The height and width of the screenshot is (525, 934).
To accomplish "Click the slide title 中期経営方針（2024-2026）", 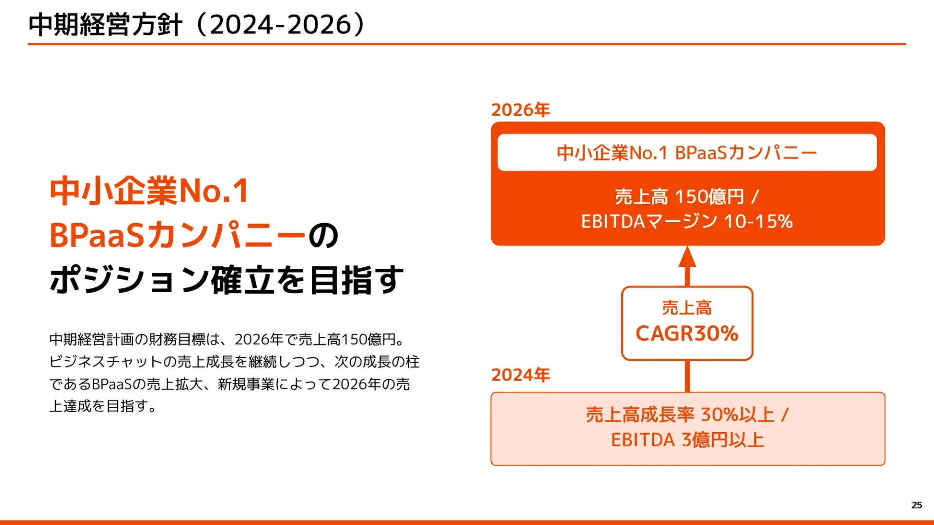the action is coord(198,24).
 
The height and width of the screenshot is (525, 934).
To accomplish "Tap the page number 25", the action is coord(916,505).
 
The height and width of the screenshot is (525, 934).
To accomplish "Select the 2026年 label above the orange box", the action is coord(521,110).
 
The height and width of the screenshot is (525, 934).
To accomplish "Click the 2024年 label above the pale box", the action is coord(521,375).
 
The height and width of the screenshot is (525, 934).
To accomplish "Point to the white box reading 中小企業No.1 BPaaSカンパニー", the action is coord(687,153).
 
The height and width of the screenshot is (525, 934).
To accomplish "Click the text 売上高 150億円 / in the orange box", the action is coord(687,197).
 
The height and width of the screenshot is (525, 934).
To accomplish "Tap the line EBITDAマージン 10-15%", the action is coord(687,222).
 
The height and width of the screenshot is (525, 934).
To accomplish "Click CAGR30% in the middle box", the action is coord(687,333).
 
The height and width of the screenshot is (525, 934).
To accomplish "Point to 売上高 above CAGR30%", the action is coord(687,308).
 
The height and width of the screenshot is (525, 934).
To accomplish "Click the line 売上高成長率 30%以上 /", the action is coord(687,415).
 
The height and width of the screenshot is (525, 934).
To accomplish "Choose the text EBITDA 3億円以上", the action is coord(687,440).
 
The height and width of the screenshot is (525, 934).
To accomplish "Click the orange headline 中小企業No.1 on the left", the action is coord(149,191).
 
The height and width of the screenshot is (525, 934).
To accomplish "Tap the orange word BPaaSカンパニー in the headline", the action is coord(178,235).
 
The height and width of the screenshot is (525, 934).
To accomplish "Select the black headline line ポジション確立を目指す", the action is coord(227,280).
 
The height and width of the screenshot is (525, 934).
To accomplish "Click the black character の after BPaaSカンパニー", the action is coord(323,236).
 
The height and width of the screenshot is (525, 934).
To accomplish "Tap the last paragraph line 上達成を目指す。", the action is coord(103,406).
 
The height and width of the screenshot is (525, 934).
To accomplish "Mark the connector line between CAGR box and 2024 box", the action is coord(687,376).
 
